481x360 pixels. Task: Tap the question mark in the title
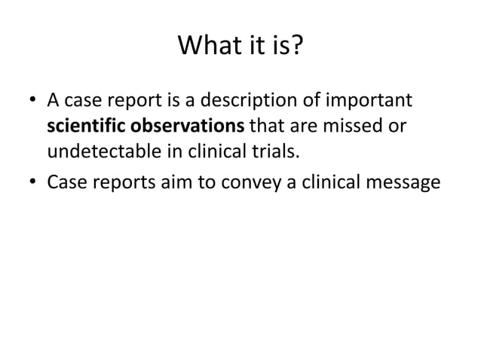click(298, 49)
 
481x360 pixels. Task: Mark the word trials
click(275, 151)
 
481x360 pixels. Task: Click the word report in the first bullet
click(123, 100)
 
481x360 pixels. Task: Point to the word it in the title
click(255, 49)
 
